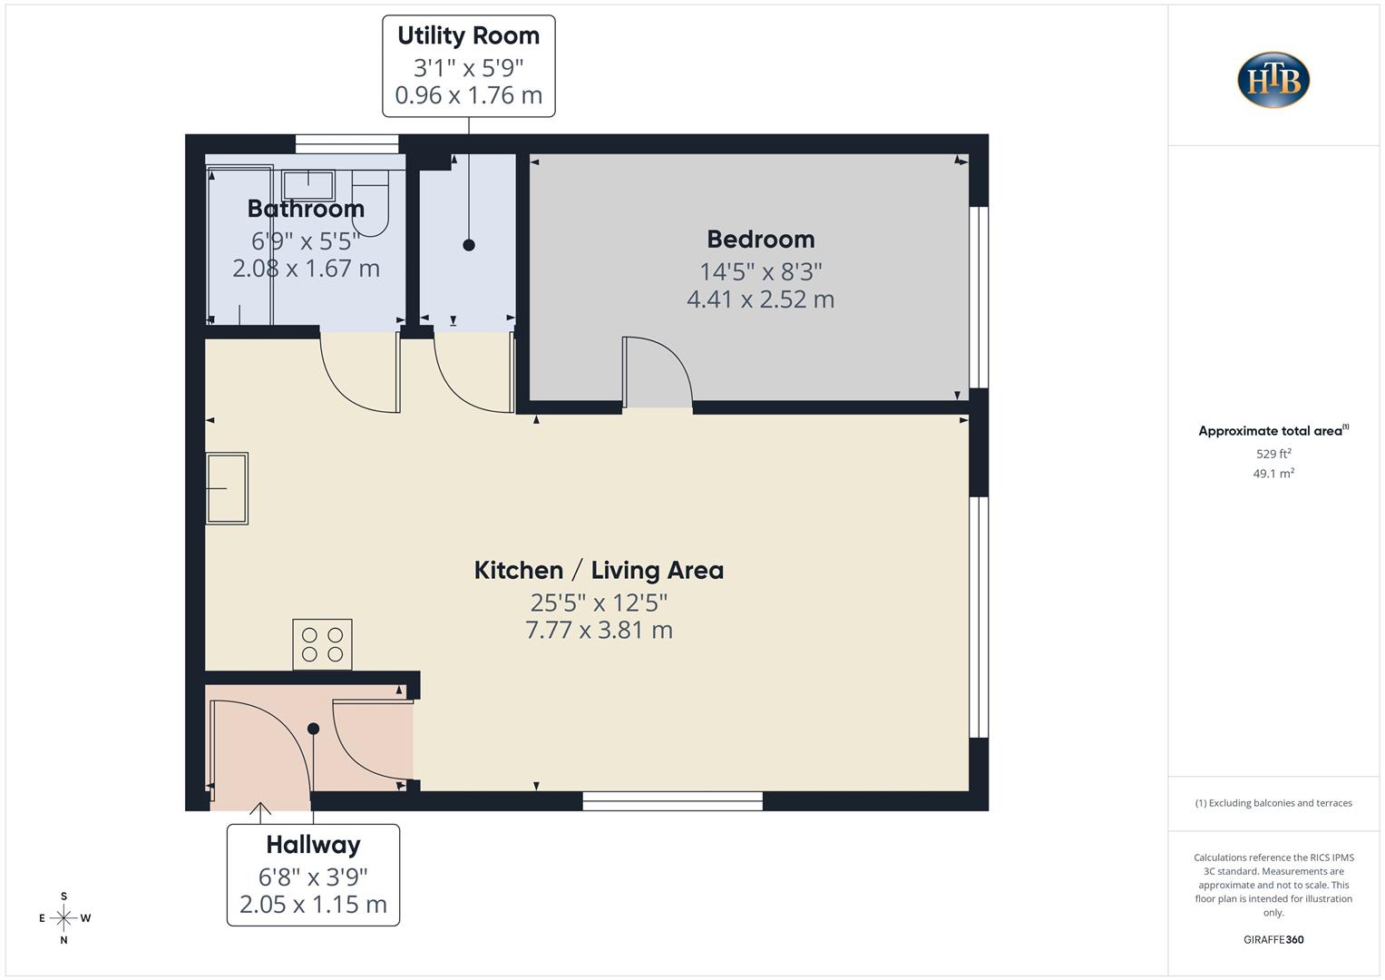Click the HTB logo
[x=1273, y=80]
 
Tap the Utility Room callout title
[x=468, y=35]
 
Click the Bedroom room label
[x=760, y=240]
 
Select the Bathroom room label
[x=306, y=209]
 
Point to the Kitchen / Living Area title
[x=599, y=571]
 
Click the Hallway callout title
[x=313, y=845]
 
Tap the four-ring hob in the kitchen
[x=322, y=644]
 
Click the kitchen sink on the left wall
[x=227, y=488]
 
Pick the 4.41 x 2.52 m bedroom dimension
[x=760, y=299]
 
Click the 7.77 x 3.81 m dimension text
[x=599, y=630]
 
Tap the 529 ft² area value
[x=1273, y=454]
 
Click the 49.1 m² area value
[x=1273, y=474]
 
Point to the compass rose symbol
[x=63, y=918]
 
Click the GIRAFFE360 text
[x=1273, y=939]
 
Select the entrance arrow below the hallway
[x=260, y=809]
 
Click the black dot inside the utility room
[x=469, y=245]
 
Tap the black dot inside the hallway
[x=313, y=729]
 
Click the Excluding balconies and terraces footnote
[x=1273, y=803]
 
